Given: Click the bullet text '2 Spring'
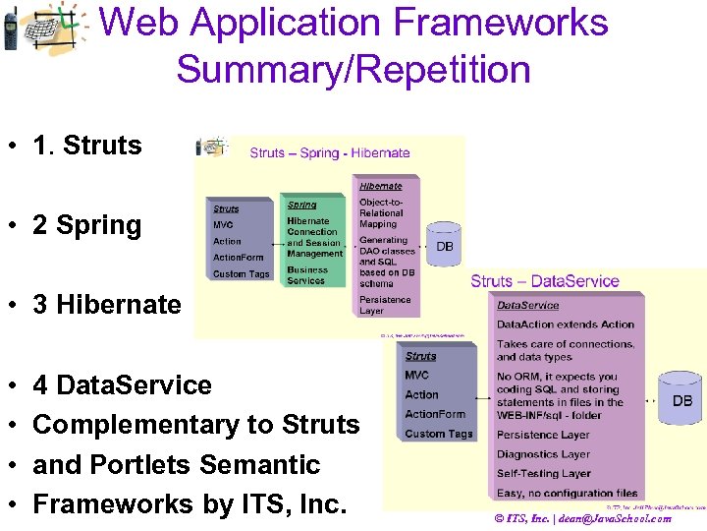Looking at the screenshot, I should pos(86,225).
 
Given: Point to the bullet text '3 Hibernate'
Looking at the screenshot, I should pos(106,305).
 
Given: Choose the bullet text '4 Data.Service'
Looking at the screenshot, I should pos(122,384).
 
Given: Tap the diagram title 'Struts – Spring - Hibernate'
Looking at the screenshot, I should pos(330,152).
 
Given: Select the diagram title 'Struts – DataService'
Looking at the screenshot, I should pos(544,281).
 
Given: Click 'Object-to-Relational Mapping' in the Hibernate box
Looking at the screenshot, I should pos(381,212).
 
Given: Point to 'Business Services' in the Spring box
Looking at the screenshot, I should pos(307,275).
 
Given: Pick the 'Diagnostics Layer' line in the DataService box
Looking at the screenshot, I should pos(543,454).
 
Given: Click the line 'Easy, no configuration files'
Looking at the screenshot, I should pos(567,493).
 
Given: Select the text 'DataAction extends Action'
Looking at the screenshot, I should pos(565,324).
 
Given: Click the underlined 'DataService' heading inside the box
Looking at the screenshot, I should pos(527,306).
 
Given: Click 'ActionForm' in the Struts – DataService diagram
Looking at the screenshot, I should pos(435,414).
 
